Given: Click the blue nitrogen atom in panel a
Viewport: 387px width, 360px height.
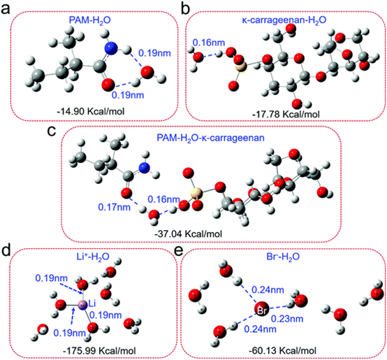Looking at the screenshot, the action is click(x=111, y=48).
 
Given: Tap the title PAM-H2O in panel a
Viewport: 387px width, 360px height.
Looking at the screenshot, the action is click(x=90, y=20).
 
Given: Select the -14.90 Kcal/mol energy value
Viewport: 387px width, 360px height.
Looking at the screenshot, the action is click(x=91, y=112).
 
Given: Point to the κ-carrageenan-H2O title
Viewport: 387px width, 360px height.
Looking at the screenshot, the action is click(x=284, y=20).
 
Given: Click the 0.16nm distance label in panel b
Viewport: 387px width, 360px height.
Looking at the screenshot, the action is click(x=209, y=43).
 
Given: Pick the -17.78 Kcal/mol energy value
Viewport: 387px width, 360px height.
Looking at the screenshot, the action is click(x=286, y=115).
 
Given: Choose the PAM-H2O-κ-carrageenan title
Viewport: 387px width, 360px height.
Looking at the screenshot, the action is click(x=210, y=138).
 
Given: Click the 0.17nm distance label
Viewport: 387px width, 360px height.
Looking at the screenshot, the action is click(x=115, y=207).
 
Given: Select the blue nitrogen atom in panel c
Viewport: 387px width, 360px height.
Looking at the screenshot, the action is click(x=145, y=168).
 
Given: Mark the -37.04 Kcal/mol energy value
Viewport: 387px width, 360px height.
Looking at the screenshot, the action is click(x=188, y=233).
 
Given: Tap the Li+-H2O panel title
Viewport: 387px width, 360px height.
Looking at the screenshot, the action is click(x=92, y=257).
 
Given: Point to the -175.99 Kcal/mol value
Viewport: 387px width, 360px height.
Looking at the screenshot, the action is click(x=99, y=351).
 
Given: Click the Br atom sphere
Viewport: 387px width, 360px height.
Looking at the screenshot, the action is click(x=262, y=309).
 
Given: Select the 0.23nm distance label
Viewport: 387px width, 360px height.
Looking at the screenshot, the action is click(x=287, y=319).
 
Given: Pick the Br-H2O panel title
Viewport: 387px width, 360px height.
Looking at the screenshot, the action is click(x=283, y=257).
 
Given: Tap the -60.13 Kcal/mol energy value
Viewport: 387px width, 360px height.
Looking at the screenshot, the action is click(x=283, y=351).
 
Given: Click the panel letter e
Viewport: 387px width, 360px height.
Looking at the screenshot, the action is click(x=178, y=251).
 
